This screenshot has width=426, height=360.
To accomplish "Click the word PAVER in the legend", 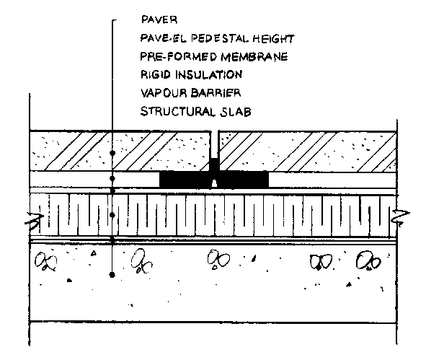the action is tap(159, 20).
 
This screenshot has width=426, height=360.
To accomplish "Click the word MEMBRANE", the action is tap(254, 57).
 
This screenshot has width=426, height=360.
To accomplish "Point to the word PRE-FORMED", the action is tap(179, 56).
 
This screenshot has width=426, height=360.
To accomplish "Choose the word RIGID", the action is tap(156, 74).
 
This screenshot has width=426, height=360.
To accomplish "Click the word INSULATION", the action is tap(208, 74).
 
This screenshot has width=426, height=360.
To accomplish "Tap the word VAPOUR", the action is tap(164, 93).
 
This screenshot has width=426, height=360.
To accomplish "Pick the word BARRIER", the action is tap(216, 93).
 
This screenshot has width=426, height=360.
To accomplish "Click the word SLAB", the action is tap(235, 112).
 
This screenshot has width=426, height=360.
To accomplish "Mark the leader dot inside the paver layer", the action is tap(112, 153).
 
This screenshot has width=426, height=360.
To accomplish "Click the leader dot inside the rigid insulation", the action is tap(112, 215).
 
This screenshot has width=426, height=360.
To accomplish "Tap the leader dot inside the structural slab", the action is tap(112, 275).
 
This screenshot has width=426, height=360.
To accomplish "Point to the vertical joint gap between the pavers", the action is tap(215, 145).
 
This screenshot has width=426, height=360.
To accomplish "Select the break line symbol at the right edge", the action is tap(401, 217).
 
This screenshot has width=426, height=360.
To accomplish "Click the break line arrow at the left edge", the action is tap(35, 220).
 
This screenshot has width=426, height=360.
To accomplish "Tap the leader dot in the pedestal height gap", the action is tap(112, 179).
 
